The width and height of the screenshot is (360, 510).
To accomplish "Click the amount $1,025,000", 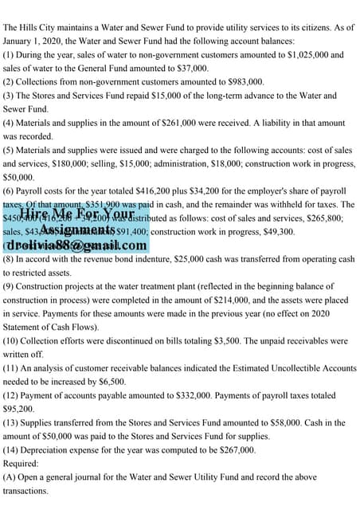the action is coord(300,55).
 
